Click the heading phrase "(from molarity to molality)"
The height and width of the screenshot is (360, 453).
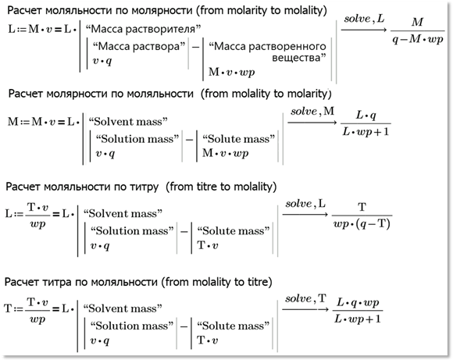click(262, 10)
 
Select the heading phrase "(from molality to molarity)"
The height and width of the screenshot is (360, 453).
click(266, 94)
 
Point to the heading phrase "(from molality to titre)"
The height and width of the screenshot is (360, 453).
click(216, 282)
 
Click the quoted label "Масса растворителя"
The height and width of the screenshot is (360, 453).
click(143, 29)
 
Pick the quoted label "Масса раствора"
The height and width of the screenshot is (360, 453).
click(139, 46)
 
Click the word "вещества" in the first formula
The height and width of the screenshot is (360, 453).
click(298, 58)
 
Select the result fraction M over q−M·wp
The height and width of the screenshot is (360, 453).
click(418, 30)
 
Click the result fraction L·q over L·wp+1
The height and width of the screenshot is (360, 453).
click(366, 123)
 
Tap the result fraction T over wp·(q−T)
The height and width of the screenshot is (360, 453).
click(362, 216)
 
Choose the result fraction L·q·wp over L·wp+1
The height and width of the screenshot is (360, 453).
click(358, 311)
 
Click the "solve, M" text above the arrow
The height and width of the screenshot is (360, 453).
click(312, 111)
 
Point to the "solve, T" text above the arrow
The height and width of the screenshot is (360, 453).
click(305, 298)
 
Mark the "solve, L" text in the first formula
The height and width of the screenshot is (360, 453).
click(364, 19)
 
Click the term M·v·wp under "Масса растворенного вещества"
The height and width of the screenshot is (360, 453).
click(231, 72)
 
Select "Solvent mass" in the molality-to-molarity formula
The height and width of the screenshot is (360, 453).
click(128, 121)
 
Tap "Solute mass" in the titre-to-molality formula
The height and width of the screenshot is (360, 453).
click(234, 231)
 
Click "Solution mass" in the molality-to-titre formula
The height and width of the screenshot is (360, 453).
click(132, 326)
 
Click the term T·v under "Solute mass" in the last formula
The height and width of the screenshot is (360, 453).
click(208, 340)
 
